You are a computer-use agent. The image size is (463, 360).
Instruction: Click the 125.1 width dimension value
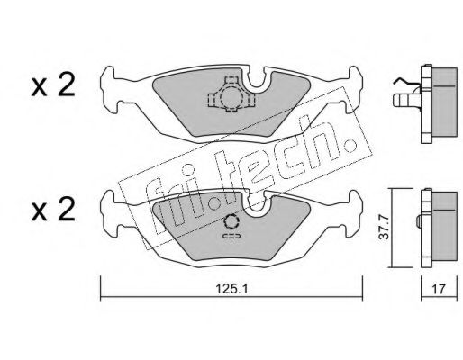231,289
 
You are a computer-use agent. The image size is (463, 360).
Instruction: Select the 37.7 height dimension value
384,228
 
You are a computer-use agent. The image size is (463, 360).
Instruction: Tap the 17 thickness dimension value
439,289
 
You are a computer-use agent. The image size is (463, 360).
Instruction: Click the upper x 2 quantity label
53,85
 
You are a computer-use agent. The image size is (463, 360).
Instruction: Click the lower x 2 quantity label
53,210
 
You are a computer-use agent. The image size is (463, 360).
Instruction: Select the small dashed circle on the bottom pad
231,222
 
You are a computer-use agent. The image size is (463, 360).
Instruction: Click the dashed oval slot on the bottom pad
231,236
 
